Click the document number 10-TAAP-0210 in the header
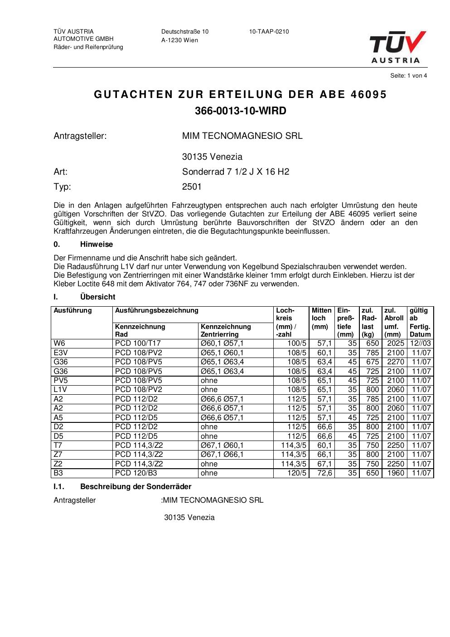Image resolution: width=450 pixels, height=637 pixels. (x=269, y=32)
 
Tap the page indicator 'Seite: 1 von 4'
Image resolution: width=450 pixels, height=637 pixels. (x=408, y=76)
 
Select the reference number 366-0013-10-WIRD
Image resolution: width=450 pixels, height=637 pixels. (x=240, y=111)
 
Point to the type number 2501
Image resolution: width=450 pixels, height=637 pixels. (x=192, y=186)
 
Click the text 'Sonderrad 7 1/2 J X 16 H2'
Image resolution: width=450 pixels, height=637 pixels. (x=235, y=171)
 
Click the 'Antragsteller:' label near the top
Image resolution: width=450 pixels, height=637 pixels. (x=80, y=136)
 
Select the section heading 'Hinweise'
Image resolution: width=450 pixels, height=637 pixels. (x=97, y=245)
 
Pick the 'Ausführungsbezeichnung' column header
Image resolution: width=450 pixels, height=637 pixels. (x=157, y=311)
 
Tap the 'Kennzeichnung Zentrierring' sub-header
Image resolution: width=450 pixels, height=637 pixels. (x=226, y=330)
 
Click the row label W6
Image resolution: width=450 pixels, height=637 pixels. (x=59, y=343)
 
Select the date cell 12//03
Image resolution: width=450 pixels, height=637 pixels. (x=420, y=343)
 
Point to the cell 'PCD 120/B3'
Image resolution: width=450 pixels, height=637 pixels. (x=134, y=473)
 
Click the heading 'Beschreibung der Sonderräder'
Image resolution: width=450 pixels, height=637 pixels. (x=135, y=486)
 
